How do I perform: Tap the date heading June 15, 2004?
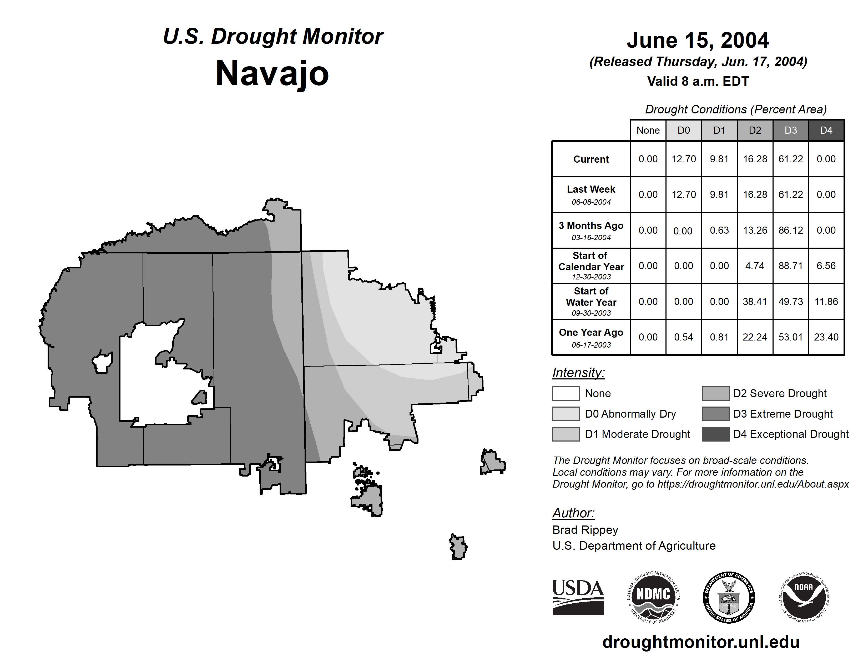pyautogui.click(x=698, y=40)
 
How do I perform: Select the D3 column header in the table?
pyautogui.click(x=790, y=130)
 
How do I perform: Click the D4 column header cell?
pyautogui.click(x=826, y=130)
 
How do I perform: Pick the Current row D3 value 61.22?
pyautogui.click(x=790, y=159)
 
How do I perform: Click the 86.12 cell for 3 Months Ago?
pyautogui.click(x=790, y=230)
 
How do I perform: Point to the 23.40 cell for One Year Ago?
pyautogui.click(x=826, y=337)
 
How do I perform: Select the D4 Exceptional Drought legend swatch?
pyautogui.click(x=715, y=434)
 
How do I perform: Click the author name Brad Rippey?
pyautogui.click(x=585, y=530)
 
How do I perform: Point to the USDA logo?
pyautogui.click(x=578, y=597)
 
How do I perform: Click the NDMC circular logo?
pyautogui.click(x=653, y=597)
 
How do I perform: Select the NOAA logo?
pyautogui.click(x=804, y=597)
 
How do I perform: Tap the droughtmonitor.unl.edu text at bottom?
pyautogui.click(x=701, y=642)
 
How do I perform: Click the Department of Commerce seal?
pyautogui.click(x=729, y=597)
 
